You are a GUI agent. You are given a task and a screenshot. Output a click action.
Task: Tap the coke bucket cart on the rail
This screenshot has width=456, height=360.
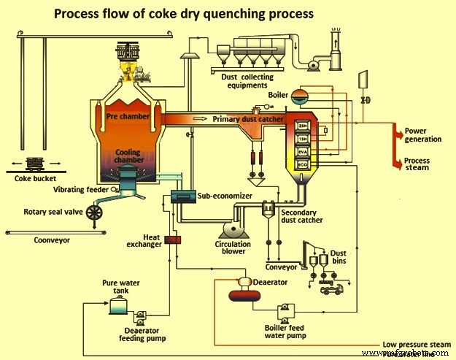pyautogui.click(x=33, y=164)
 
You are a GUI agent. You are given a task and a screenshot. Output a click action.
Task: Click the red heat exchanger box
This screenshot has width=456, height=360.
pyautogui.click(x=173, y=240)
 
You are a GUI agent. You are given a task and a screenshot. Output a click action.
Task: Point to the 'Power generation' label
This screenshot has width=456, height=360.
pyautogui.click(x=423, y=135)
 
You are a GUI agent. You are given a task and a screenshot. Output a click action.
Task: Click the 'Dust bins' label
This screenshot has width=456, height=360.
pyautogui.click(x=339, y=256)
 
